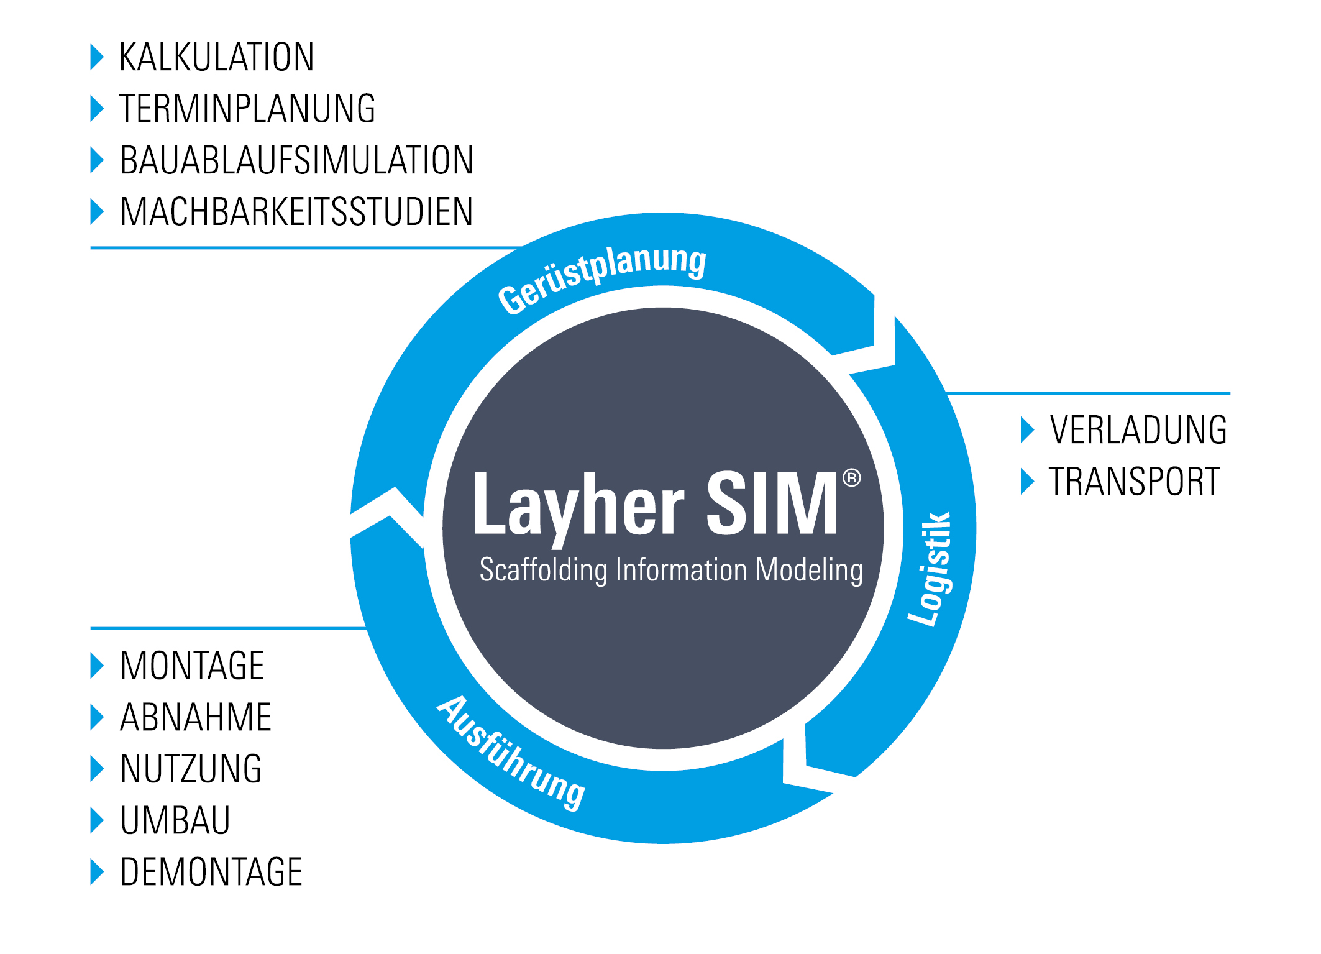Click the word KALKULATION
[x=216, y=57]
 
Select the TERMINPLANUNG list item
[x=247, y=109]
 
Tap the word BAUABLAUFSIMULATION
[x=296, y=160]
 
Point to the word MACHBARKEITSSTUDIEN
[x=296, y=212]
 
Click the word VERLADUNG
[x=1138, y=429]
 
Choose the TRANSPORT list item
[x=1134, y=481]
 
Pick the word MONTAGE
[x=192, y=666]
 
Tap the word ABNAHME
[x=196, y=717]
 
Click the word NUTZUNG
[x=191, y=769]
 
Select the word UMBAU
[x=175, y=820]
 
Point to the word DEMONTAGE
[x=211, y=872]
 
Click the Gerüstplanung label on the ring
[x=601, y=277]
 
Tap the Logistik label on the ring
[x=930, y=569]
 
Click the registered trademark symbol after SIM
[x=851, y=478]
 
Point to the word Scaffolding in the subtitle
[x=543, y=570]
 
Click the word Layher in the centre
[x=578, y=505]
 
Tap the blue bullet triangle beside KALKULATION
[x=97, y=57]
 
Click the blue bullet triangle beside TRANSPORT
[x=1027, y=481]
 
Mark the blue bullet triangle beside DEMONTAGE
[x=97, y=872]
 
